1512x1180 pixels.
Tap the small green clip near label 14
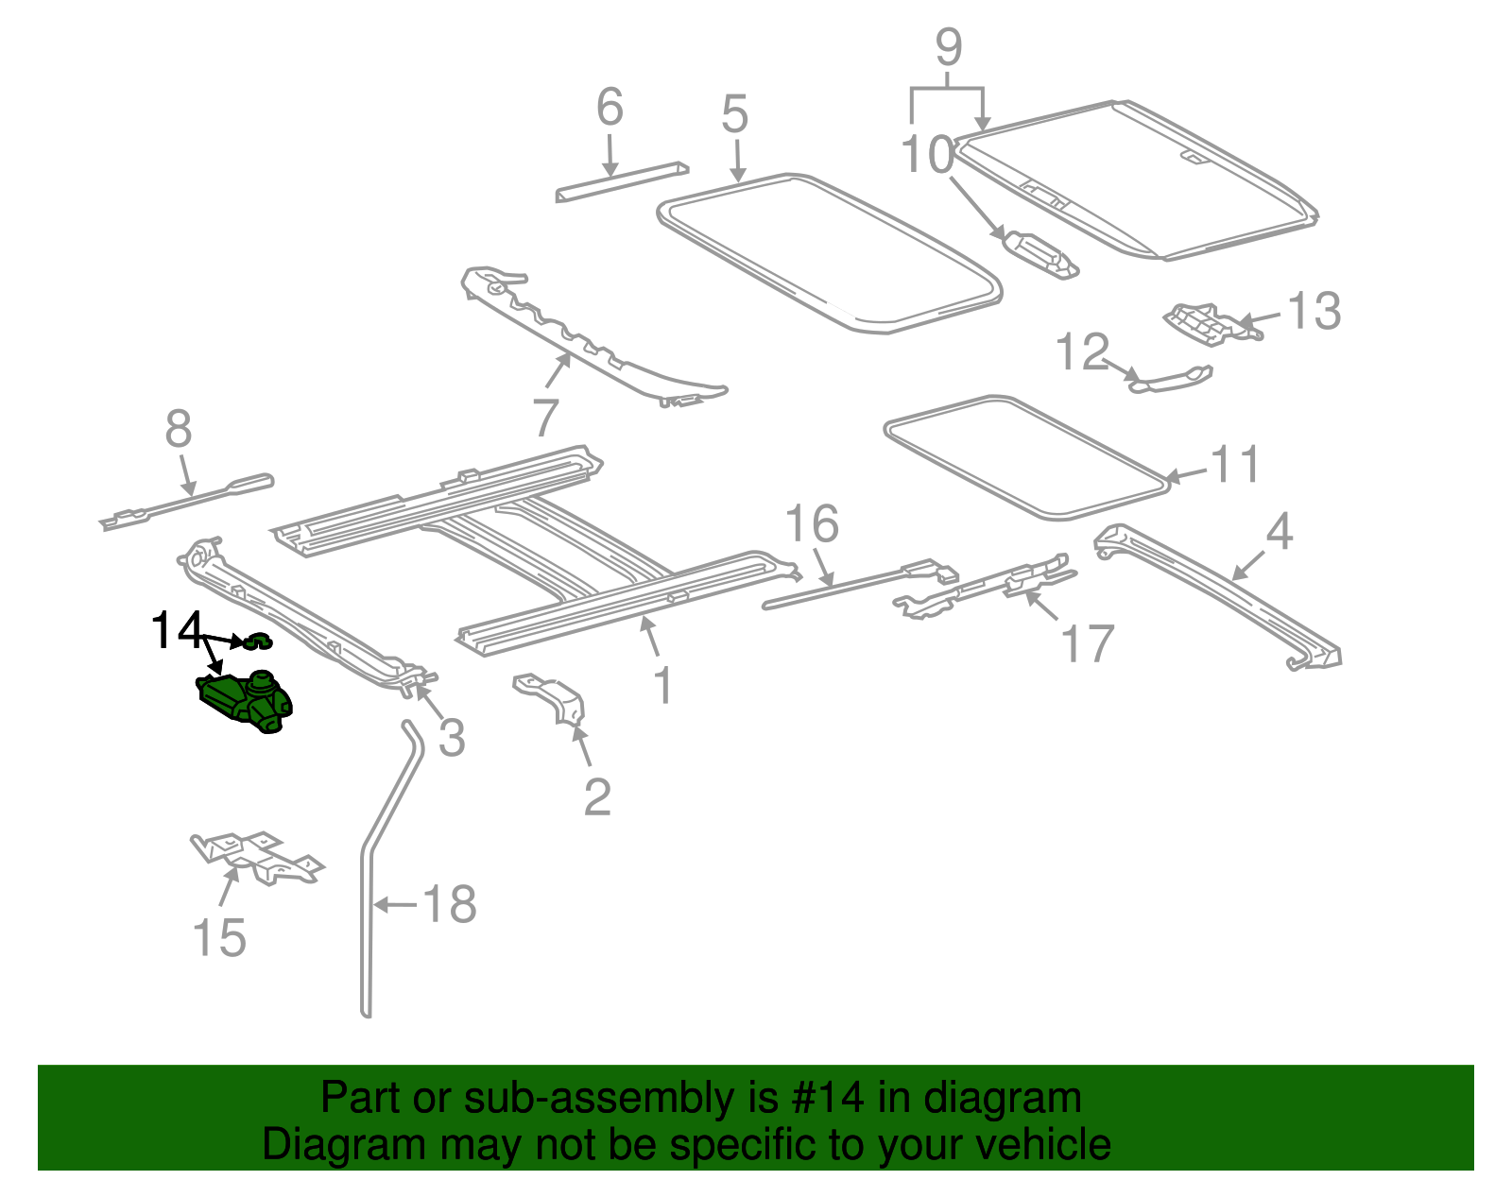click(x=258, y=642)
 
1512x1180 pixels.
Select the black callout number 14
click(x=176, y=631)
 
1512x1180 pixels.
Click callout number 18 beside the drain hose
click(x=449, y=904)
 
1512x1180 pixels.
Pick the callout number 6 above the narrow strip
click(x=610, y=108)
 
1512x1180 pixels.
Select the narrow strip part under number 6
click(x=621, y=181)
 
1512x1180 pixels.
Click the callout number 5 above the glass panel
click(x=734, y=114)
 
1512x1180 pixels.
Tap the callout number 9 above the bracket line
click(x=948, y=47)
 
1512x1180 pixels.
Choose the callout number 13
click(x=1314, y=311)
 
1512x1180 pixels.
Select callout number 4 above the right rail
click(x=1279, y=532)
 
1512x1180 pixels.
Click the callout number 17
click(x=1088, y=644)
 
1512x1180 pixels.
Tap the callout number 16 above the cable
click(x=812, y=523)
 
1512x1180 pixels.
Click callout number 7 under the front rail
click(x=545, y=417)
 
